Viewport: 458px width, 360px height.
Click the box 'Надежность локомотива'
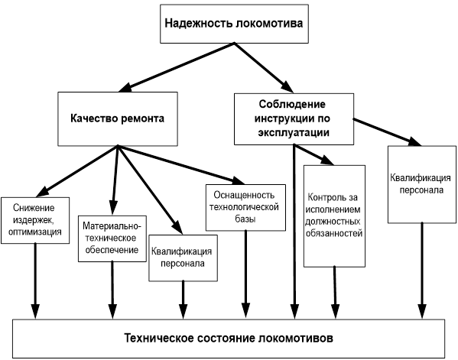tap(234, 24)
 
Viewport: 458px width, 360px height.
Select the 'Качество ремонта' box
tap(118, 118)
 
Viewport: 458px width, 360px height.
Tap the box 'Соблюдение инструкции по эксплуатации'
tap(294, 118)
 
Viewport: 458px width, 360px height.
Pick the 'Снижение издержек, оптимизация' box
tap(35, 220)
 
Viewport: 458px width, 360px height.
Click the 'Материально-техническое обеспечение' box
tap(112, 238)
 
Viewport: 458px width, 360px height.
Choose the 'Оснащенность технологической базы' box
tap(245, 207)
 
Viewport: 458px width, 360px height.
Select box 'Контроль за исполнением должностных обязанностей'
tap(334, 216)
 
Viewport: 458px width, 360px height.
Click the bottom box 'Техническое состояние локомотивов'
tap(229, 339)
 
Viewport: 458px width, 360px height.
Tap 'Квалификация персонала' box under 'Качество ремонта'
tap(184, 258)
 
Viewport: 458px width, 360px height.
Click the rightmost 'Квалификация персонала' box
tap(422, 184)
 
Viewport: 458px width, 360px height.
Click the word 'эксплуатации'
tap(294, 132)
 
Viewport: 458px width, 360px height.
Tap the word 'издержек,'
tap(33, 220)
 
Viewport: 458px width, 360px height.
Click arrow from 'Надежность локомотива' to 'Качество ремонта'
tap(177, 66)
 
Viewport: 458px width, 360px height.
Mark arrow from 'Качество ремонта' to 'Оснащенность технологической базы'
tap(180, 164)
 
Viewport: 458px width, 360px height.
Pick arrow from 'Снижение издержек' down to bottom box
tap(35, 281)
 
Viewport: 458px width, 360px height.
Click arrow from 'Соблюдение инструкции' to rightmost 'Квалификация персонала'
tap(388, 132)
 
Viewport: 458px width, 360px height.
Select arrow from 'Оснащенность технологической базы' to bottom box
tap(245, 274)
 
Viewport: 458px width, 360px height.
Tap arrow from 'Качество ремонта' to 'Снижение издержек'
tap(76, 170)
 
